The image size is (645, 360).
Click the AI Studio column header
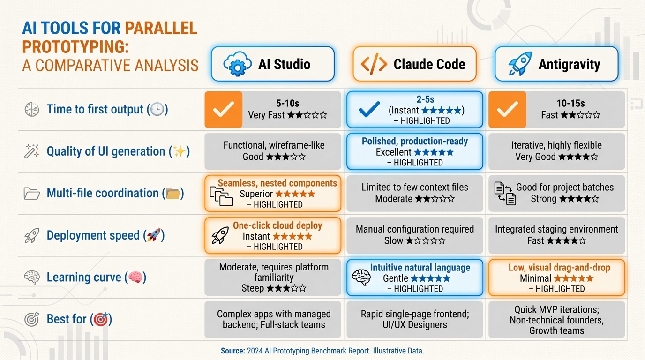click(x=273, y=64)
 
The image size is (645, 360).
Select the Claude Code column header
click(x=414, y=64)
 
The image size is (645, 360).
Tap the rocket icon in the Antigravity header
click(x=520, y=64)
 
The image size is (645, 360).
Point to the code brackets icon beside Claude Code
click(x=374, y=64)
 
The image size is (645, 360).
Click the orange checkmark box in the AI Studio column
click(x=224, y=110)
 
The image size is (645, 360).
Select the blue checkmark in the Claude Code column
click(x=369, y=110)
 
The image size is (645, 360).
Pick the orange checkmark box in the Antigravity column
click(x=507, y=110)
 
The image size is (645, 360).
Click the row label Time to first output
click(x=95, y=110)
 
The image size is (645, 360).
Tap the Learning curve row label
click(x=84, y=277)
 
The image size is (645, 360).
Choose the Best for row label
click(x=67, y=319)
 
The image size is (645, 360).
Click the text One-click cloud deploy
click(x=277, y=225)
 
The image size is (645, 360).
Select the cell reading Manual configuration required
click(x=414, y=235)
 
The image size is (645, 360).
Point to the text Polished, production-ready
click(x=415, y=141)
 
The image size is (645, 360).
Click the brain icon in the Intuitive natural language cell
click(x=361, y=277)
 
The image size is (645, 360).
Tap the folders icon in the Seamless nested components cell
click(x=221, y=195)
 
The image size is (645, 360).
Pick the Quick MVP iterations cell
click(x=556, y=320)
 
